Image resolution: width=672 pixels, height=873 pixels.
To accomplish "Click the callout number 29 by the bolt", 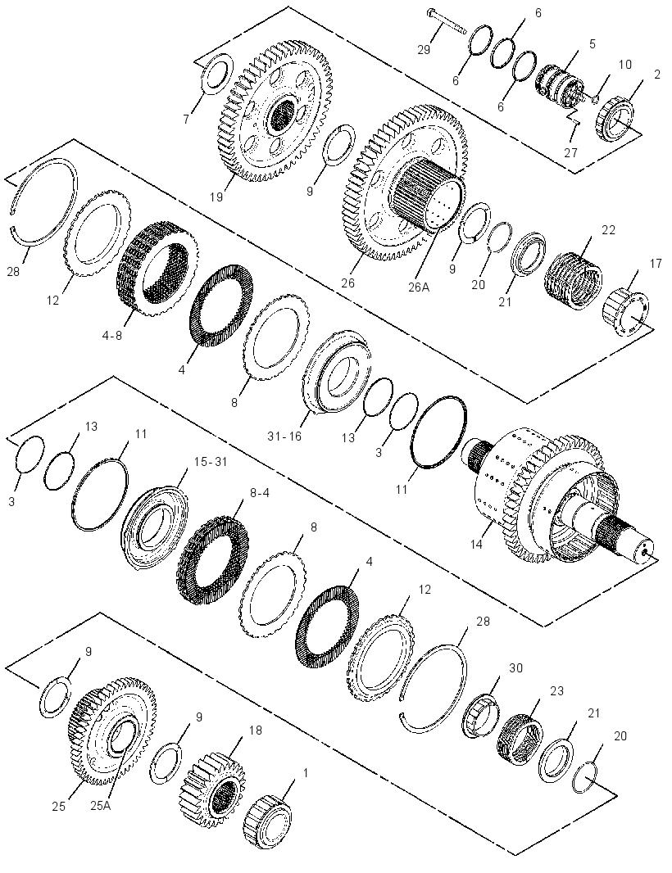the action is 424,50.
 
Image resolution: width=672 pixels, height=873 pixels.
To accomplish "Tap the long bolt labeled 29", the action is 447,21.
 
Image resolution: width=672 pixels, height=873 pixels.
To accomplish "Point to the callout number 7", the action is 186,119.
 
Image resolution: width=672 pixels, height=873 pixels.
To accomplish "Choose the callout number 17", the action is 656,263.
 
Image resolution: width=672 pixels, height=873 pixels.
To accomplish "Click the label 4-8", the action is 111,336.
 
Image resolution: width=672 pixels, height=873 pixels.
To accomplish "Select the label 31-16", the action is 284,436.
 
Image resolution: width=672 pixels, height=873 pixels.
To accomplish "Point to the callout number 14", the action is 476,544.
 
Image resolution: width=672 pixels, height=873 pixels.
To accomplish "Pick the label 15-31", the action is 211,462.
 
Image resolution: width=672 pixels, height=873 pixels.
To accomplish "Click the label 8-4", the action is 259,493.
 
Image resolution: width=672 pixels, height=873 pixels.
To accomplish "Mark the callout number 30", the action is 516,667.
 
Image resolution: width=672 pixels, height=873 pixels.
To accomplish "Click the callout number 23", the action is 556,691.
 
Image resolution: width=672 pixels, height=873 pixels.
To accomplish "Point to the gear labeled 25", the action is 111,731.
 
